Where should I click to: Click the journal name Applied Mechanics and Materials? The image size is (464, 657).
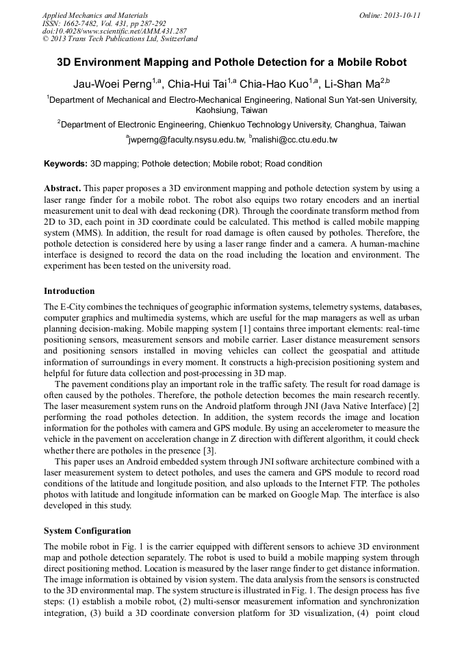[x=95, y=15]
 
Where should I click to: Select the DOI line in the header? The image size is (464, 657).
[x=114, y=31]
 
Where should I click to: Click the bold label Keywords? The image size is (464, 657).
[x=66, y=164]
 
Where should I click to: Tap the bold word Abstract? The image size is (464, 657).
[x=62, y=188]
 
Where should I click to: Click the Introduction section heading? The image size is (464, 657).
[x=69, y=291]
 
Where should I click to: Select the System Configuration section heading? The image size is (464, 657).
[x=87, y=531]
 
